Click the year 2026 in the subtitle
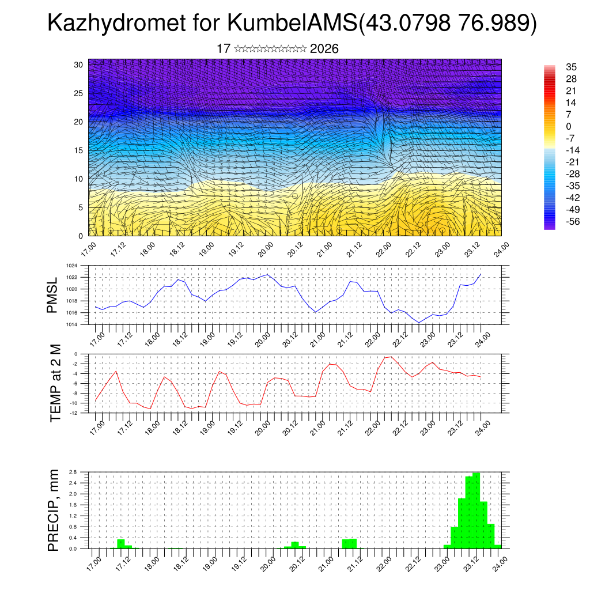coord(324,49)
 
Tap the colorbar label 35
coord(556,67)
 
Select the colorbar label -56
coord(557,221)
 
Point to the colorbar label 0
coord(553,126)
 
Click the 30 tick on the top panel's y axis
coord(78,65)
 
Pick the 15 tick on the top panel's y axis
coord(78,150)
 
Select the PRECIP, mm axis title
coord(54,509)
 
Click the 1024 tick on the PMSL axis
coord(71,266)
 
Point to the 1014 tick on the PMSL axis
coord(71,324)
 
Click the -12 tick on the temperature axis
coord(73,413)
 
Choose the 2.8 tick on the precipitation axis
coord(73,472)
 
